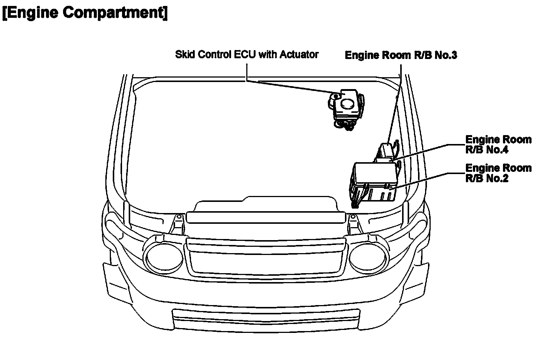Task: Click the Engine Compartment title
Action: click(x=85, y=13)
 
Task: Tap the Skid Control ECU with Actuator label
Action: click(x=247, y=55)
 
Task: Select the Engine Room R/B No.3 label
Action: click(x=401, y=55)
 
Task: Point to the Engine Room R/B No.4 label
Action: click(x=498, y=145)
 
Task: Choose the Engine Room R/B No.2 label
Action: click(x=498, y=173)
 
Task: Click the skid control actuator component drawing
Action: click(x=346, y=109)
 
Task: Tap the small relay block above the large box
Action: click(x=386, y=151)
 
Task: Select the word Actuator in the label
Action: click(x=299, y=55)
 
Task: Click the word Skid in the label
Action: click(x=184, y=55)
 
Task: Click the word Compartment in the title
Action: click(x=115, y=13)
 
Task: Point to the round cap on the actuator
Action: click(x=348, y=104)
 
